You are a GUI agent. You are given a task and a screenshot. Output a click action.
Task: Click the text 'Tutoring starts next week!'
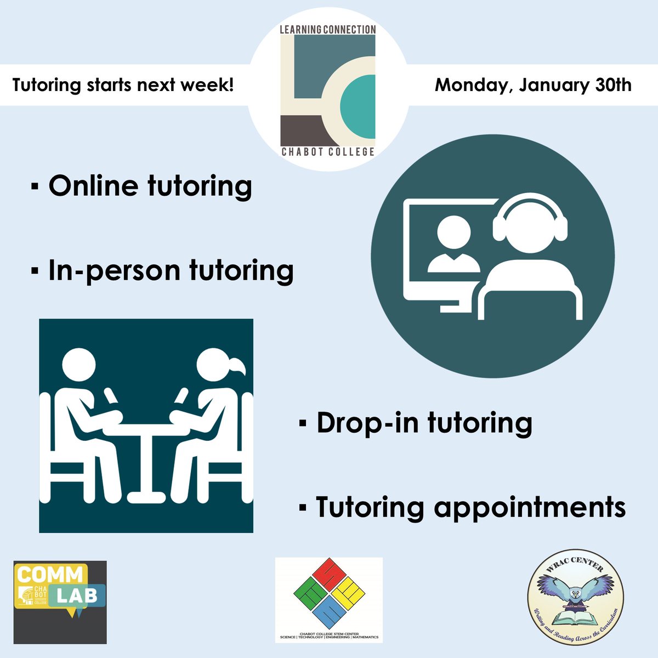point(123,86)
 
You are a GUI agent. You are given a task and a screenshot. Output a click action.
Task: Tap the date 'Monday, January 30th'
point(533,85)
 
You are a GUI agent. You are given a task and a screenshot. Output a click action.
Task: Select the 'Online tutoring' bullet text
point(150,186)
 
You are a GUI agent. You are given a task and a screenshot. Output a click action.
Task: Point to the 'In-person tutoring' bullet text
point(171,270)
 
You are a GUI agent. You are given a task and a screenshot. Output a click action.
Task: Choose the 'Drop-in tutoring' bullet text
point(424,423)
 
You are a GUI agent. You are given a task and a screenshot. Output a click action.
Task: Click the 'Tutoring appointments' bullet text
point(470,507)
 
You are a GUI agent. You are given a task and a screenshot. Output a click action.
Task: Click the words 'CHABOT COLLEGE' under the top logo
point(328,151)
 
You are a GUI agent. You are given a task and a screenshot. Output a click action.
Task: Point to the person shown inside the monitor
point(453,244)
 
